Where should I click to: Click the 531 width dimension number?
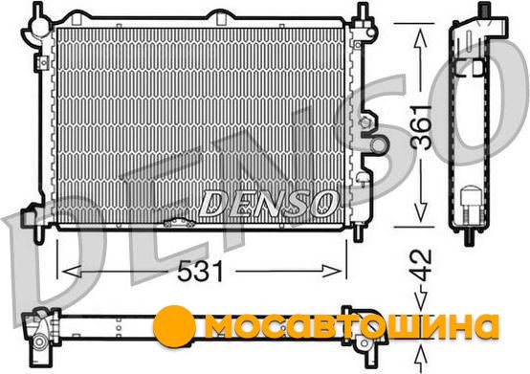point(200,272)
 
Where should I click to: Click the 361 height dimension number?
point(421,126)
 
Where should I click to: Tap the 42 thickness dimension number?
point(421,266)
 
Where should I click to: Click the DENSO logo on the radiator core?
point(269,203)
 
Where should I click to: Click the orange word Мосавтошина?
point(351,325)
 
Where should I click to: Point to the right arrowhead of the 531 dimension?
point(332,272)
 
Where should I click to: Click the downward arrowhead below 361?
point(420,212)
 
